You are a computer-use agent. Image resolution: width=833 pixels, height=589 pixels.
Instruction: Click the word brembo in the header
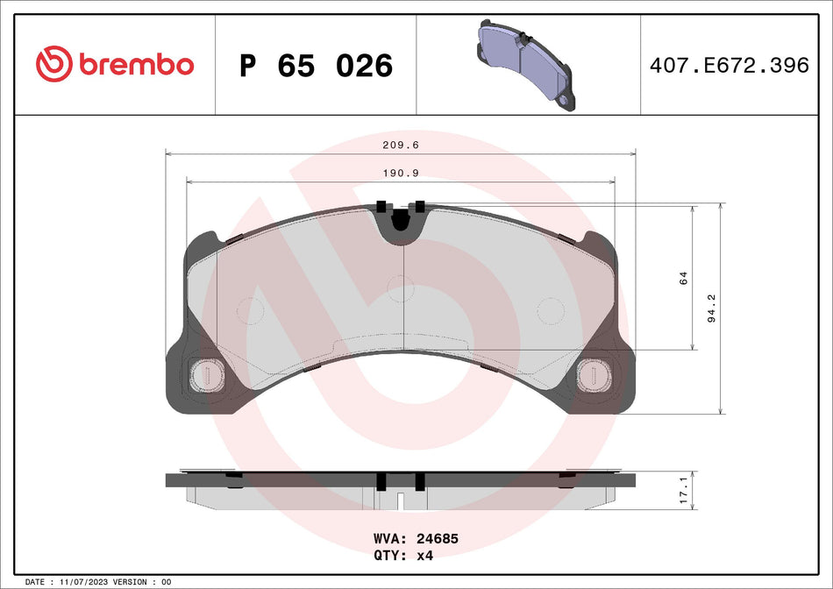[136, 65]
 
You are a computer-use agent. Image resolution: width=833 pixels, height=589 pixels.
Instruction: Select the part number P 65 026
[316, 66]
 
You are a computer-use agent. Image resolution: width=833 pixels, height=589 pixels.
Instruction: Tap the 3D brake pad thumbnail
[524, 63]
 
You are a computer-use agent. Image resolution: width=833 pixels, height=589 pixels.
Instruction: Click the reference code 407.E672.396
[727, 66]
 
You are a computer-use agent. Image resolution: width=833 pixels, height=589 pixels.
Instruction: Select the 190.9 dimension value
[401, 174]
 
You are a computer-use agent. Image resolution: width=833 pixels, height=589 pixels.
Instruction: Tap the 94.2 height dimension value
[711, 309]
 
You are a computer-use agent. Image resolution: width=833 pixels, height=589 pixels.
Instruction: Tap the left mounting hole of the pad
[208, 375]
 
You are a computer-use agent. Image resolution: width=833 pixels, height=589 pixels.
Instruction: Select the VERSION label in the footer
[131, 581]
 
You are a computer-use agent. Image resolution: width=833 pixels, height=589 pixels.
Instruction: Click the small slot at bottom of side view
[401, 502]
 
